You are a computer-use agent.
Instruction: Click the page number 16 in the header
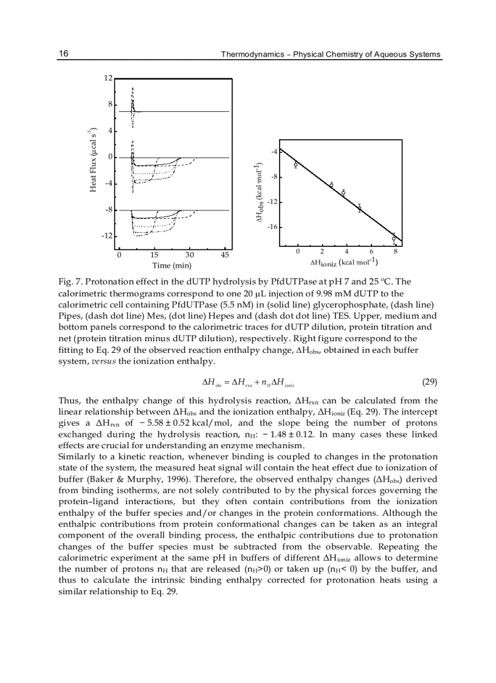click(x=63, y=54)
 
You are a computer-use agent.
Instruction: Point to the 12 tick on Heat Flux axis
click(x=108, y=78)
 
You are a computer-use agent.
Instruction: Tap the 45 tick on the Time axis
click(x=224, y=255)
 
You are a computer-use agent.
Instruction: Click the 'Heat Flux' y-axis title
click(x=94, y=160)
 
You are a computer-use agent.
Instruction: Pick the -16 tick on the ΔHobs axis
click(x=273, y=227)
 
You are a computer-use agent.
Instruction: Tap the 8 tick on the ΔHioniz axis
click(x=395, y=251)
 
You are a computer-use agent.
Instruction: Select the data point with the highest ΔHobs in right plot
click(x=295, y=165)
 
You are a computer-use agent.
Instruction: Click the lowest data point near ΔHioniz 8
click(x=394, y=238)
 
